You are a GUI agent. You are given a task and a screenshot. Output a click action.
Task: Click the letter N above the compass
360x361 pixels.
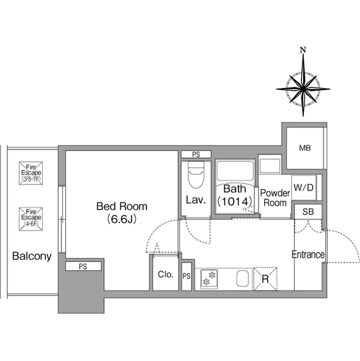[304, 50]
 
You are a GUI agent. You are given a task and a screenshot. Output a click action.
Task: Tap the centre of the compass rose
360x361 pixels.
[303, 89]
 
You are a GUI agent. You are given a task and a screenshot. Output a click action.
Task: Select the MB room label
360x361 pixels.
[305, 148]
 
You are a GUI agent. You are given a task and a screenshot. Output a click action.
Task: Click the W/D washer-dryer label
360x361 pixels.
[304, 188]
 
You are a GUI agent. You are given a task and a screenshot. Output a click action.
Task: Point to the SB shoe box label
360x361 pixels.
[308, 212]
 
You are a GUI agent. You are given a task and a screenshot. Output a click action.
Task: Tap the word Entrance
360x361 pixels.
[308, 254]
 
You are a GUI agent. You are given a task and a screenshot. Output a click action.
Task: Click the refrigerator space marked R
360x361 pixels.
[265, 279]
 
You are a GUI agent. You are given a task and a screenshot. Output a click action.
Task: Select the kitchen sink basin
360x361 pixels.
[242, 278]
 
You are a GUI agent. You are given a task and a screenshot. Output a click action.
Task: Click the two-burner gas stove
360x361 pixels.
[209, 278]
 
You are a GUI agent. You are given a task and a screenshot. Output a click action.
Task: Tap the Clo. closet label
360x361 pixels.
[166, 274]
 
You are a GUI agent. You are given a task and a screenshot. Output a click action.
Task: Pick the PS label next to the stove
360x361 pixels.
[186, 276]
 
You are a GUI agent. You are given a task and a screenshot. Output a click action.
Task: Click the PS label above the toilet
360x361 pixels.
[196, 155]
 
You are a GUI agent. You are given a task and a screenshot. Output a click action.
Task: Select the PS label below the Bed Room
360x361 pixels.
[83, 266]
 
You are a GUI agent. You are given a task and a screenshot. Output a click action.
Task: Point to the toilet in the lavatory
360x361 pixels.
[196, 175]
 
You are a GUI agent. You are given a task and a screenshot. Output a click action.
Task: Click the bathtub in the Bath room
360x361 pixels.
[235, 171]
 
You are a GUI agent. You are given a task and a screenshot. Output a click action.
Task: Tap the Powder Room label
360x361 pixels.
[275, 198]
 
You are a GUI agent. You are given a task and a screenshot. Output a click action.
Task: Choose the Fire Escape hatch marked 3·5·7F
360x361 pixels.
[31, 173]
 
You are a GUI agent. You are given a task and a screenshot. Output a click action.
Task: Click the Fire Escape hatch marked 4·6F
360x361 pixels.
[31, 219]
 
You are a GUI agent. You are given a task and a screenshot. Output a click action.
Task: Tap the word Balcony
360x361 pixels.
[32, 256]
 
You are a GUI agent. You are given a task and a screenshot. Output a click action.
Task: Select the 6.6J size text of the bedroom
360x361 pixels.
[122, 219]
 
